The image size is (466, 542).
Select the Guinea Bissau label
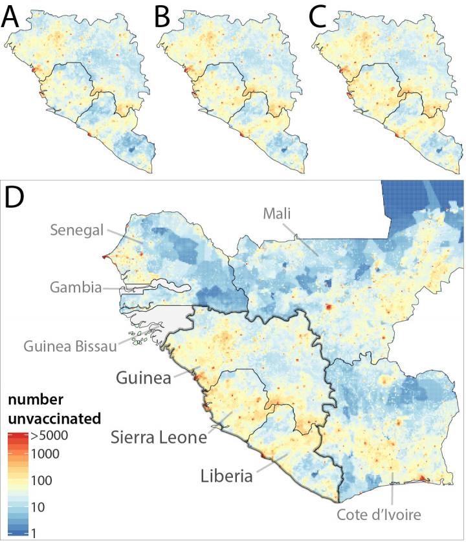click(x=70, y=346)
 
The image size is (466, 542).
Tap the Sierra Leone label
click(x=157, y=437)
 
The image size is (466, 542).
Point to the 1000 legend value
click(x=45, y=453)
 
